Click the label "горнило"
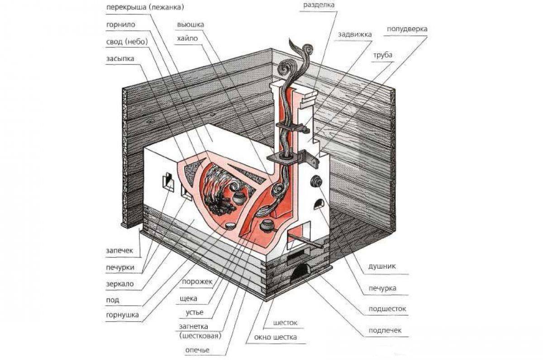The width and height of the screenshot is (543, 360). pos(120,24)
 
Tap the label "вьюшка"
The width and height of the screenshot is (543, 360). pos(191,24)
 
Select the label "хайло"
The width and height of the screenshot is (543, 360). pos(187,38)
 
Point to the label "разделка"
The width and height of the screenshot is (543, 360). pos(319,5)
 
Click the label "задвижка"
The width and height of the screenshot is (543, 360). pos(355,35)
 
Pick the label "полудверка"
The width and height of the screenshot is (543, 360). pos(407,29)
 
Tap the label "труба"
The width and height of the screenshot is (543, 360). pos(382,55)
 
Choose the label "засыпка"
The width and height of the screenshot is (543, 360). pos(120,59)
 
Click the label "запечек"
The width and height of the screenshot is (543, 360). pos(119,250)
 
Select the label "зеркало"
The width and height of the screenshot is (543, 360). pos(120,284)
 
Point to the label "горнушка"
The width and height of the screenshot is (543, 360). pos(122,315)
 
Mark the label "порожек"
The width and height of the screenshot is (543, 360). pos(197,281)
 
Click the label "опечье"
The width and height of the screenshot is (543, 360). pos(197,350)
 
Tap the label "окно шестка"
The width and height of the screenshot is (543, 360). pos(275,337)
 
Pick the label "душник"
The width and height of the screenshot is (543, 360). pos(382,266)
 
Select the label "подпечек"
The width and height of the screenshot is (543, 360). pos(385,330)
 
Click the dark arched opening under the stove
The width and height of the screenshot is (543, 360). pos(301,273)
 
